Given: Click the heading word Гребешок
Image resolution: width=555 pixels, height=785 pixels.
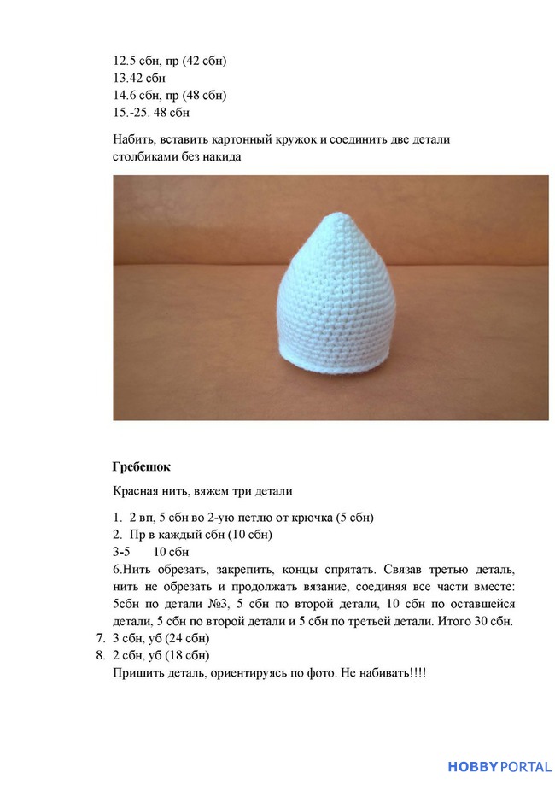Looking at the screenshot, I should click(x=141, y=466).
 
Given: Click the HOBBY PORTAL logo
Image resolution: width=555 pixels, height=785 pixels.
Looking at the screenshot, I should click(x=499, y=766).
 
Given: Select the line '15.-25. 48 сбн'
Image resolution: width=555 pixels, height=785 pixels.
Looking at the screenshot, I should click(x=151, y=112).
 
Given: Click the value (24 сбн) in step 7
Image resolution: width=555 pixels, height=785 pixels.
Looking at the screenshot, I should click(x=186, y=638).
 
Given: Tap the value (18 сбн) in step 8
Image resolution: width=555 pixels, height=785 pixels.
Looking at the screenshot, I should click(x=186, y=655).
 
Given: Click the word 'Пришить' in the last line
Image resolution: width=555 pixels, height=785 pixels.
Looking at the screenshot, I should click(x=136, y=672).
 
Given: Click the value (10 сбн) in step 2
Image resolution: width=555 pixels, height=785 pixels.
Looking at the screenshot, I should click(x=248, y=535).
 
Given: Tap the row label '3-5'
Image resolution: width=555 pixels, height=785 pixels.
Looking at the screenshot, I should click(x=123, y=552).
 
